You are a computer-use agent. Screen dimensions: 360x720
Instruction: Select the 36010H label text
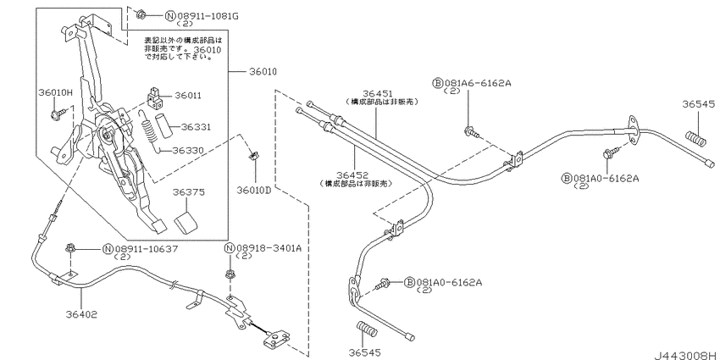point(55,91)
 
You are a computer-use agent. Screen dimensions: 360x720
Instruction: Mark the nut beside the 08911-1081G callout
point(142,14)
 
